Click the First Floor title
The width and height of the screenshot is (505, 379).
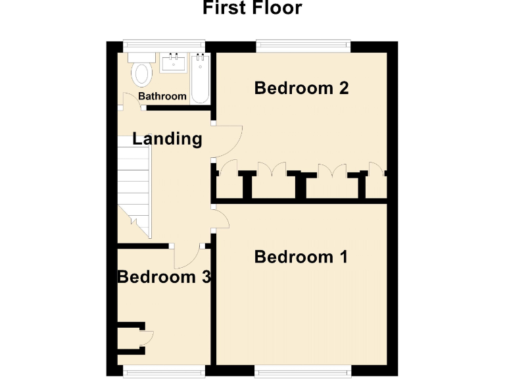coord(252,9)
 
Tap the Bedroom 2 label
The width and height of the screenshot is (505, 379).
coord(301,88)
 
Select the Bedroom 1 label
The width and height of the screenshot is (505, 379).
coord(301,257)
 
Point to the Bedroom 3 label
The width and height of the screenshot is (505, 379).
coord(164,277)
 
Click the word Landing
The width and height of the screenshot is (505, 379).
coord(167,139)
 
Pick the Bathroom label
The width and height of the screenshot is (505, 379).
coord(162,96)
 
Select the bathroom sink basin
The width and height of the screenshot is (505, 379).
coord(174,63)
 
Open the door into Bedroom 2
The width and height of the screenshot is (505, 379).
coord(229,141)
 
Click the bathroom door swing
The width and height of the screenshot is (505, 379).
coord(131,99)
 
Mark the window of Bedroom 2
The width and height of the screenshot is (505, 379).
coord(302,46)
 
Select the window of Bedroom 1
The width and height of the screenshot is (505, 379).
coord(302,372)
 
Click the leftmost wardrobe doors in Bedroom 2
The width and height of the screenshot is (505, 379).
coord(229,170)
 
